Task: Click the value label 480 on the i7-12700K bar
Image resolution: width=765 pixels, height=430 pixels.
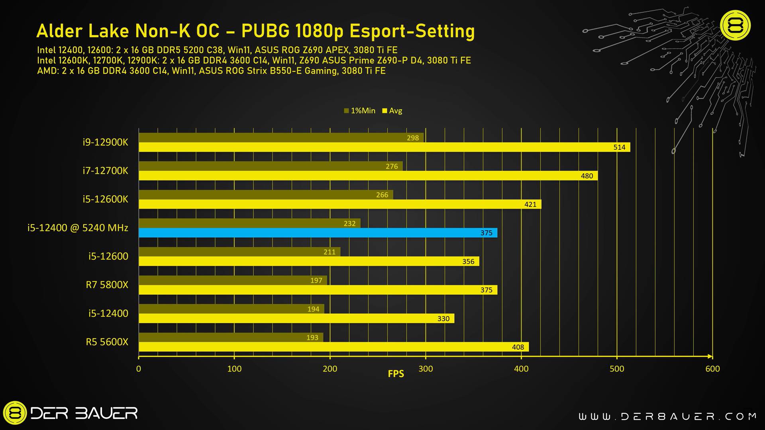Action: point(586,176)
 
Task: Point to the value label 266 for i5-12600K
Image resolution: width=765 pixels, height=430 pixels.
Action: point(382,195)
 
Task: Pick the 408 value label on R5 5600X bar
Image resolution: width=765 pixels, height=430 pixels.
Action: point(518,347)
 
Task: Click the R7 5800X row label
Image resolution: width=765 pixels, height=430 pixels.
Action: point(107,285)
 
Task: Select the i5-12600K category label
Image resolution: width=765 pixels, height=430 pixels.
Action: point(105,199)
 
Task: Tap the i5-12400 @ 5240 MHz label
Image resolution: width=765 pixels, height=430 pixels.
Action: point(78,228)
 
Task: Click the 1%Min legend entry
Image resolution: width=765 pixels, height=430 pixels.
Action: point(360,111)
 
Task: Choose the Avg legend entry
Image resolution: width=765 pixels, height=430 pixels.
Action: point(392,111)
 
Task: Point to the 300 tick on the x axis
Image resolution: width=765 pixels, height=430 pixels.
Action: point(426,369)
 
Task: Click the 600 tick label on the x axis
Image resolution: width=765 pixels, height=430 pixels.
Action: point(712,369)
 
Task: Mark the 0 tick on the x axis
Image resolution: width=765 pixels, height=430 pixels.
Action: point(139,369)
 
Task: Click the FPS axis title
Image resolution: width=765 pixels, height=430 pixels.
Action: point(396,374)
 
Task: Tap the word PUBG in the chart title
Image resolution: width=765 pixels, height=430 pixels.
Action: point(266,31)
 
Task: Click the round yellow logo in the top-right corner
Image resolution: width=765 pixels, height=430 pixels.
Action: point(735,25)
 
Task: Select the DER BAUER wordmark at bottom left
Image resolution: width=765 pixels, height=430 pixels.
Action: point(84,413)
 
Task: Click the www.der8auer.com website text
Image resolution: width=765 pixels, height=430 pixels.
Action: point(667,416)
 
